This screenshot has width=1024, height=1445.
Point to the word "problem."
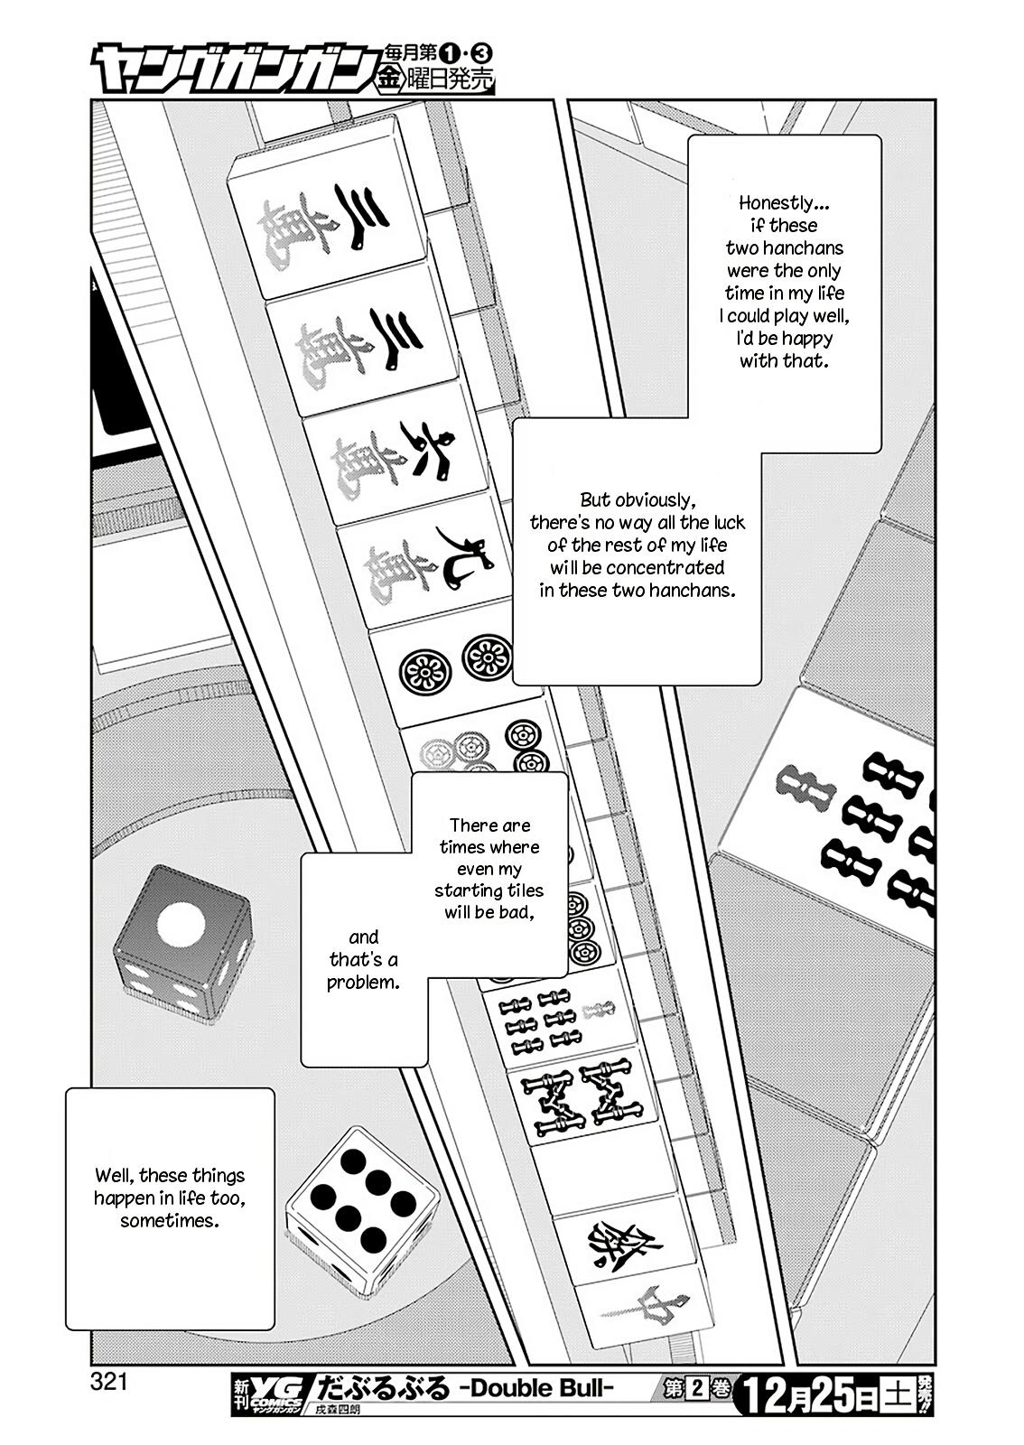(363, 982)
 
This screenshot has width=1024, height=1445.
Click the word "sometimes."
(170, 1220)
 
